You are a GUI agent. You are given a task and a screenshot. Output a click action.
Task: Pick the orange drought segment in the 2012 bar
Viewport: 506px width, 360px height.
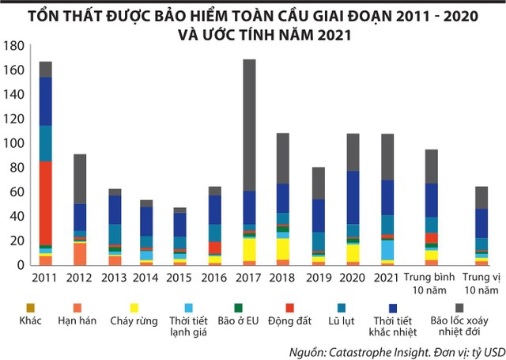(80, 254)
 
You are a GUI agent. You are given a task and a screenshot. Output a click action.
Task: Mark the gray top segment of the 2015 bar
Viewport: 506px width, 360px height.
(181, 210)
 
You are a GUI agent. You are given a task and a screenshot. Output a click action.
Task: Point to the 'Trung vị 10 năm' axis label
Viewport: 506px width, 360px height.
(481, 283)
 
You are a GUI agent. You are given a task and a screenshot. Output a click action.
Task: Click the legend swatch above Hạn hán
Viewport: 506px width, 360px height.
(77, 306)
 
